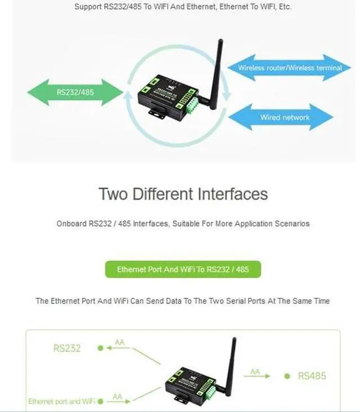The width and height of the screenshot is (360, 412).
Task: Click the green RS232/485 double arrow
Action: (x=75, y=92)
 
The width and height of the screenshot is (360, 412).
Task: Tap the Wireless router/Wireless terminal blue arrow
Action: (x=289, y=68)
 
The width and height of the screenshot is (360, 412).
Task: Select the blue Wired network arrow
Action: (x=285, y=118)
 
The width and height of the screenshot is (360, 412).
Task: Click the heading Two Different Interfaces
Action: (x=183, y=194)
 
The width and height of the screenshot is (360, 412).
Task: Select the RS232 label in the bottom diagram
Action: (x=67, y=348)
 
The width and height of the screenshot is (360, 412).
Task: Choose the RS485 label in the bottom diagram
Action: (x=312, y=375)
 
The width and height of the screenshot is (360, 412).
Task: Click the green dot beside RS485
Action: (x=287, y=375)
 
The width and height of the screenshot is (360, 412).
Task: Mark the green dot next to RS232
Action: (x=100, y=348)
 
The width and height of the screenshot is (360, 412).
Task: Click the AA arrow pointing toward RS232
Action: (x=119, y=345)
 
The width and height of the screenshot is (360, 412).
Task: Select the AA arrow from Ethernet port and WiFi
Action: (x=118, y=400)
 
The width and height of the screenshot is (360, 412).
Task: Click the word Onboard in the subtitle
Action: (x=71, y=223)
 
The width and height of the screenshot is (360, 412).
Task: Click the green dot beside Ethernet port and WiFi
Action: (x=100, y=401)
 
